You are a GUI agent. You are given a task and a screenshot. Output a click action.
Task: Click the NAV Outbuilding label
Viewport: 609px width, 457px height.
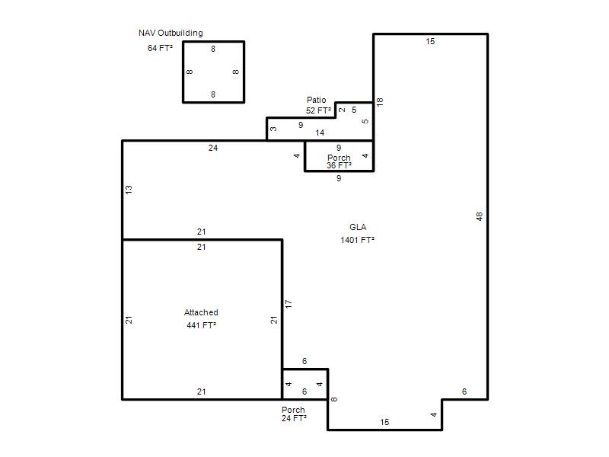click(x=171, y=33)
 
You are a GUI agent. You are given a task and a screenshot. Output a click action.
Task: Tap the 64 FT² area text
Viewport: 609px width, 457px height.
click(x=160, y=48)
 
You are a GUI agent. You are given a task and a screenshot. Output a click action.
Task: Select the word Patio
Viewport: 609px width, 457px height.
click(x=316, y=100)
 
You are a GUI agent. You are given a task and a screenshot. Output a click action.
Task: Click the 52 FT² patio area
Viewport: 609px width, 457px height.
click(x=318, y=110)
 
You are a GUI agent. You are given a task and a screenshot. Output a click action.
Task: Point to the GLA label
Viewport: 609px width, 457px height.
click(x=358, y=227)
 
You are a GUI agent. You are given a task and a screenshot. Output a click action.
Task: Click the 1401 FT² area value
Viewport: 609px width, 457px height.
click(x=357, y=240)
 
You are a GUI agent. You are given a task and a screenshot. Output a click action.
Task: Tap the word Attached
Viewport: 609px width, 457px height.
click(x=201, y=312)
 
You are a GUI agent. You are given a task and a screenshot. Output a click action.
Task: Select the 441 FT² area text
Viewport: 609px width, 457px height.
click(x=201, y=325)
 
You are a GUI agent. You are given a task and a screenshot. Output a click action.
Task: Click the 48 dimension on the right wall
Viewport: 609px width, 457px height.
click(x=480, y=216)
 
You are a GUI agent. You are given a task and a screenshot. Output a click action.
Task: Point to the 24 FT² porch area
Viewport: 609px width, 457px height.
click(x=294, y=418)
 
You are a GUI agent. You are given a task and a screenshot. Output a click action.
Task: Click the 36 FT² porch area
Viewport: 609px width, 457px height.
click(x=339, y=165)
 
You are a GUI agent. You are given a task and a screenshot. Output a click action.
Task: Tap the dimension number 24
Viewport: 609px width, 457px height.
click(x=213, y=148)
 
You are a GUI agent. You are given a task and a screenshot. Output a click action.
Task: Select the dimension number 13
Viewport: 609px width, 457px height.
click(x=129, y=190)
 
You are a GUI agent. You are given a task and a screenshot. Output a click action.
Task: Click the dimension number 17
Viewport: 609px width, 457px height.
click(x=289, y=304)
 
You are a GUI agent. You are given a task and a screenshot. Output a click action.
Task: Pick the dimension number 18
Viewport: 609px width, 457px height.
click(x=380, y=102)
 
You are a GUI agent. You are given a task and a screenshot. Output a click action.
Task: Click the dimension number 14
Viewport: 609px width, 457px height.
click(x=320, y=133)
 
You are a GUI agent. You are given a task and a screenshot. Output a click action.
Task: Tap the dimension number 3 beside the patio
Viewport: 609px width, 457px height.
click(x=273, y=129)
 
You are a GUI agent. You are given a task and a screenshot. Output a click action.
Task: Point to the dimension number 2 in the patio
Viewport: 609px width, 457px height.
click(x=342, y=110)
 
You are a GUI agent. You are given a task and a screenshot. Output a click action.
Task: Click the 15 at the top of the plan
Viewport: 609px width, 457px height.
click(x=430, y=42)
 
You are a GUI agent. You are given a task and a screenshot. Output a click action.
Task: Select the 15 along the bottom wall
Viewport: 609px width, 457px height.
click(x=384, y=423)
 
